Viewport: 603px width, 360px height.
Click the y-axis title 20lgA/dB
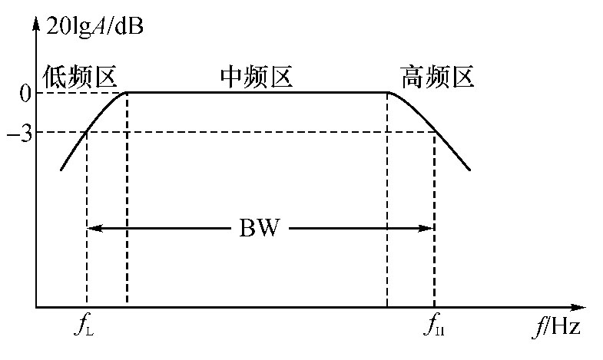(94, 28)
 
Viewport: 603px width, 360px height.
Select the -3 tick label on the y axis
(20, 133)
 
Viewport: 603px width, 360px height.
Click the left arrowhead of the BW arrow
(91, 228)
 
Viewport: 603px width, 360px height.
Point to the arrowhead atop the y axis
(35, 26)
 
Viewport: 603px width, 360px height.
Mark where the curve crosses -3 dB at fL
(87, 133)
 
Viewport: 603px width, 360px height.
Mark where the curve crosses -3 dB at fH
(435, 133)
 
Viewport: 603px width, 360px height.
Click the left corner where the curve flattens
(127, 93)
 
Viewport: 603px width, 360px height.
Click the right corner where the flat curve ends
(387, 93)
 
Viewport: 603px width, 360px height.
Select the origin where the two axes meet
(35, 307)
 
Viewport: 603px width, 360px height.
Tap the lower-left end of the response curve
(61, 169)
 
